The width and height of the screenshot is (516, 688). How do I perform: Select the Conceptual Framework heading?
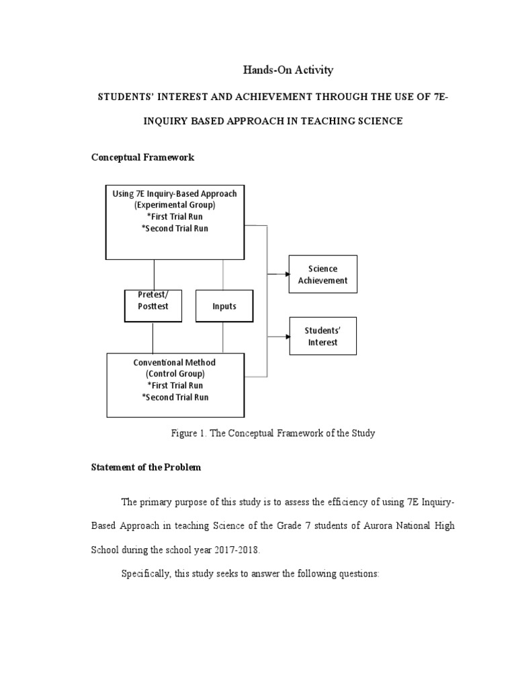point(142,157)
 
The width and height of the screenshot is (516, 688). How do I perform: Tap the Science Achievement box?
point(322,274)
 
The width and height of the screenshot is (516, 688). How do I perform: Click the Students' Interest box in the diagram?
point(322,336)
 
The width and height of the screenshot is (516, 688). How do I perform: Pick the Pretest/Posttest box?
point(153,306)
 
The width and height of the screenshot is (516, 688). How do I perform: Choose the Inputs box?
point(224,306)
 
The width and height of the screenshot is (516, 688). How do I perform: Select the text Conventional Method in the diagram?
point(175,363)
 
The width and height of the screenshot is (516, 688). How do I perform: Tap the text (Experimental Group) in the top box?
point(175,205)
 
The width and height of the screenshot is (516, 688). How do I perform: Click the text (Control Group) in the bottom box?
point(175,374)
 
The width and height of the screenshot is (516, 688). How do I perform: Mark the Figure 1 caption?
point(273,433)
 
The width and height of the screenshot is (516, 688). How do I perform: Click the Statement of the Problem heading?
point(146,468)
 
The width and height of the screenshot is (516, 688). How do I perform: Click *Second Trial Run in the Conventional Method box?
point(175,397)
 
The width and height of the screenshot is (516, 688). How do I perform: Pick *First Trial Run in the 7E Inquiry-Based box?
point(175,216)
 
